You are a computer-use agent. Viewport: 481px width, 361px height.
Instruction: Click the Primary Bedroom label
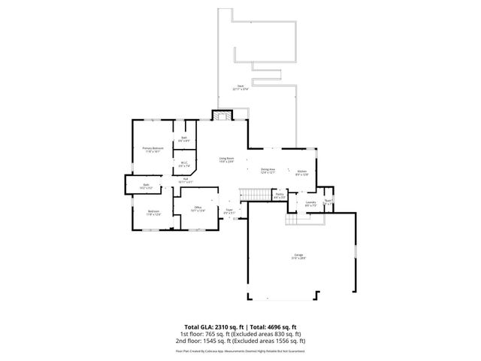click(153, 149)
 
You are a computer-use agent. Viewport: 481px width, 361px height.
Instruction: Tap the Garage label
click(299, 256)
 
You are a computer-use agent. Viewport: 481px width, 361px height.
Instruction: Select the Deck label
click(240, 87)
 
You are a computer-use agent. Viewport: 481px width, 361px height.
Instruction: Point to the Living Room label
click(226, 159)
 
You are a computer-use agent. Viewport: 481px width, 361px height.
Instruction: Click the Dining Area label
click(268, 170)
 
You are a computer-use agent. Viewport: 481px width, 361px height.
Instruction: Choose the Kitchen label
click(302, 171)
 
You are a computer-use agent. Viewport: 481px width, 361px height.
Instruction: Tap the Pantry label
click(279, 196)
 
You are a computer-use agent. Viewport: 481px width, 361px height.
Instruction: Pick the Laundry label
click(310, 202)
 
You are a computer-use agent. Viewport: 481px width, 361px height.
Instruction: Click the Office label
click(198, 208)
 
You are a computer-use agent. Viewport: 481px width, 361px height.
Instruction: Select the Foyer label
click(229, 211)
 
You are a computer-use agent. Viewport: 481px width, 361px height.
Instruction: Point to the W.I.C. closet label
click(184, 164)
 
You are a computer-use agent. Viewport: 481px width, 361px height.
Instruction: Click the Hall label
click(185, 180)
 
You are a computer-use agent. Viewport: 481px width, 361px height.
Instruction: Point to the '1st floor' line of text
click(240, 333)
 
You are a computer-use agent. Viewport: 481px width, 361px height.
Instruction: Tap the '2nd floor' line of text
click(240, 341)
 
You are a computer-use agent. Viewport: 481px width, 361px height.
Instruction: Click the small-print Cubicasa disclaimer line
click(240, 350)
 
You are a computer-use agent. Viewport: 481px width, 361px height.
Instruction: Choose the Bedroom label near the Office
click(153, 212)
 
